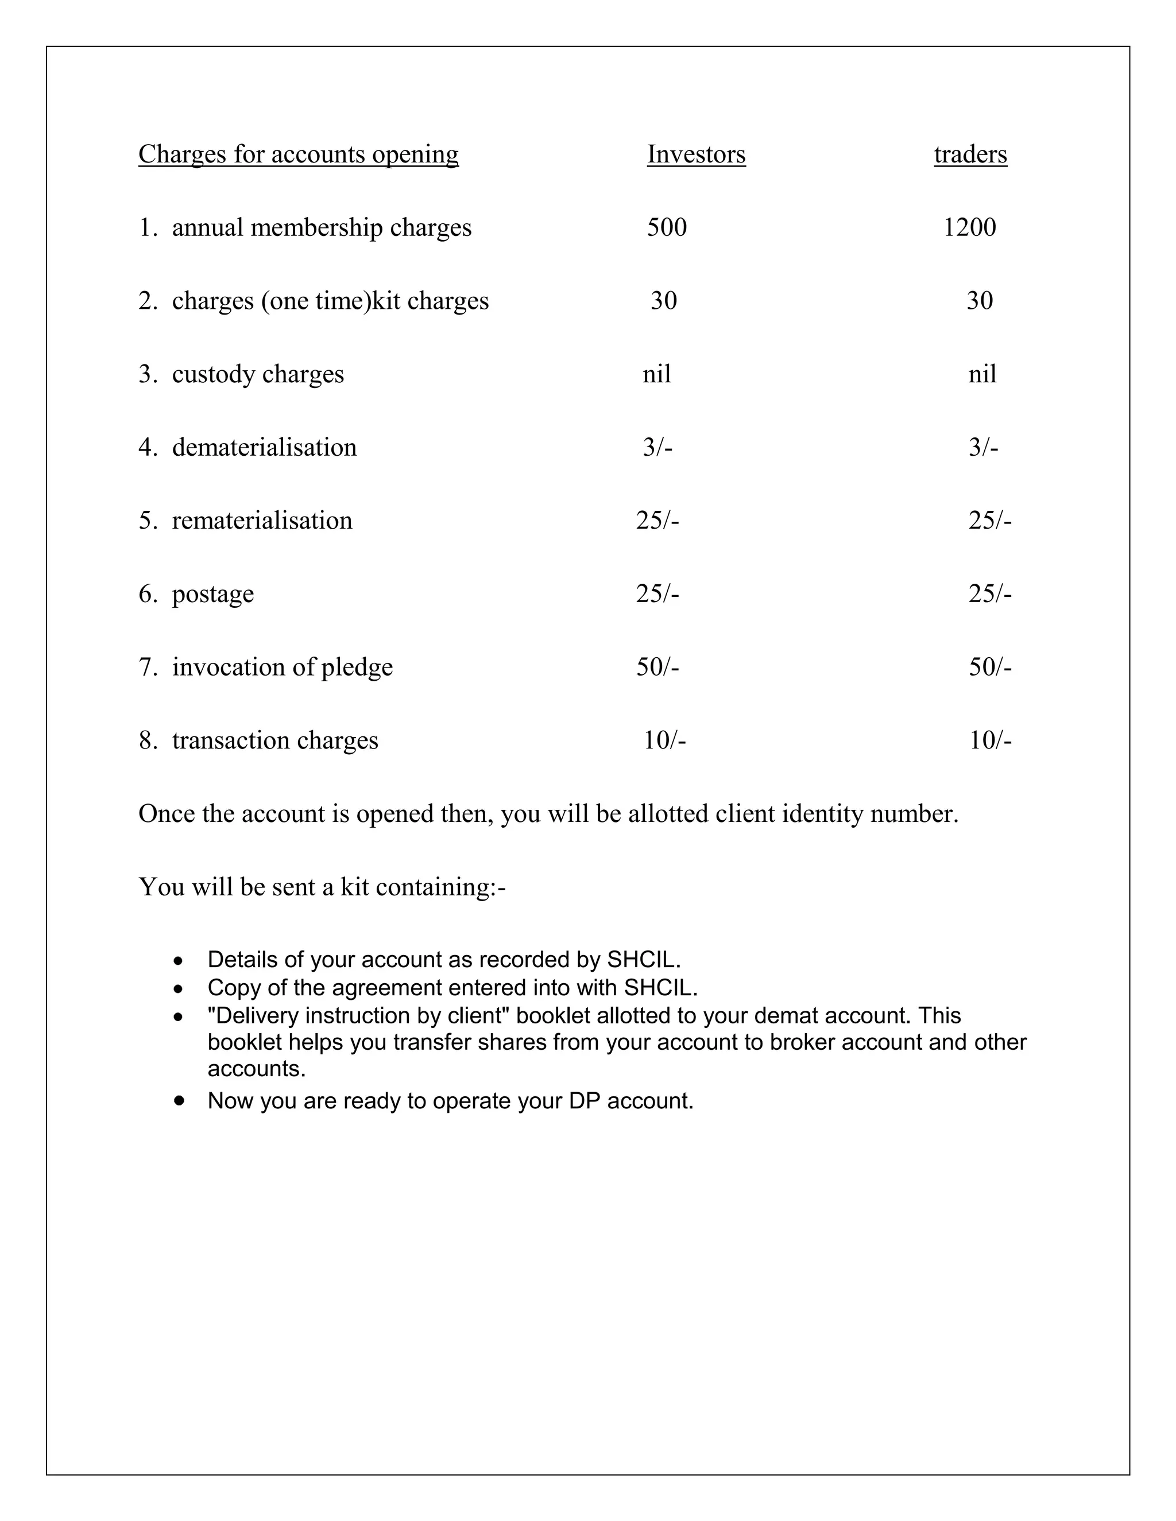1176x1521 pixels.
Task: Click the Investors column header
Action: point(695,154)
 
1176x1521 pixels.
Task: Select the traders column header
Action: point(970,154)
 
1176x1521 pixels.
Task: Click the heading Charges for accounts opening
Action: point(298,154)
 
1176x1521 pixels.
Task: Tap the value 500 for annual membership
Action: point(666,228)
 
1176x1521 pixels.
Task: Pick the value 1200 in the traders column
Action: point(969,228)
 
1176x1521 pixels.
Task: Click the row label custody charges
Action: point(258,375)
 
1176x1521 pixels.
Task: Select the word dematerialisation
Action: point(264,448)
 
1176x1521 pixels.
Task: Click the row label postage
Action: point(212,594)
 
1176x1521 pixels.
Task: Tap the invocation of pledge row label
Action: point(282,667)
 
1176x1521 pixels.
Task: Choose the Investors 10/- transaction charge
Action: point(664,740)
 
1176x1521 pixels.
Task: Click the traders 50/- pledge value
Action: point(989,667)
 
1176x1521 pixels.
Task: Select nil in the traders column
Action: point(981,375)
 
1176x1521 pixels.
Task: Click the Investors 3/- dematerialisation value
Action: point(657,448)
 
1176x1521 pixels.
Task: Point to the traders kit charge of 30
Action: point(979,301)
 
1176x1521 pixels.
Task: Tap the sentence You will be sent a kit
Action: point(322,887)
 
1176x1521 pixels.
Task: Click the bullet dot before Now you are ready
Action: point(180,1100)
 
